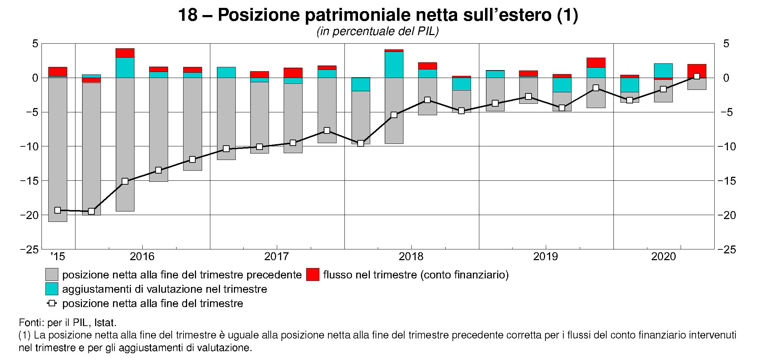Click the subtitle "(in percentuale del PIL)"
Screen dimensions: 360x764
click(377, 32)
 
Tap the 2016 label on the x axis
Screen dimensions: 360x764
click(142, 257)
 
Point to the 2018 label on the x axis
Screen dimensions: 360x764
click(411, 257)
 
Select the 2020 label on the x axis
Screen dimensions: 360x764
click(663, 257)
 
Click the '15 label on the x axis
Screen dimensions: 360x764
click(58, 257)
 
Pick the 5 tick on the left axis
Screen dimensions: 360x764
click(35, 44)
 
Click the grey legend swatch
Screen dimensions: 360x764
click(52, 275)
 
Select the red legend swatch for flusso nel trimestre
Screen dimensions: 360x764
click(313, 275)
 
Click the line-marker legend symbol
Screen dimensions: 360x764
click(52, 303)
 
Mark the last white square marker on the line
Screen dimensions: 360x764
click(696, 76)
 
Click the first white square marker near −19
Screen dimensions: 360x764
click(58, 210)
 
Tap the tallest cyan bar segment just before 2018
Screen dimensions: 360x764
click(394, 65)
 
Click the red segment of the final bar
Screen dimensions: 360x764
click(696, 71)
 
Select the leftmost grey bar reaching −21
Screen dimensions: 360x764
click(58, 150)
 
